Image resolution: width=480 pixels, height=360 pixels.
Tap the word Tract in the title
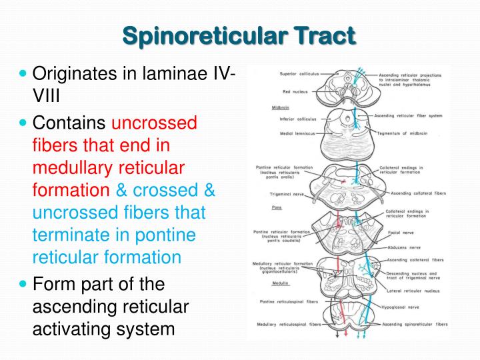pos(324,34)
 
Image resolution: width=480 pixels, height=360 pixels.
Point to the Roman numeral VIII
pos(46,97)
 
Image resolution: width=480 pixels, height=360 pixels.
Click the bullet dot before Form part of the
pos(25,283)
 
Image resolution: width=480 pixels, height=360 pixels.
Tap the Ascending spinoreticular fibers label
pos(417,325)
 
